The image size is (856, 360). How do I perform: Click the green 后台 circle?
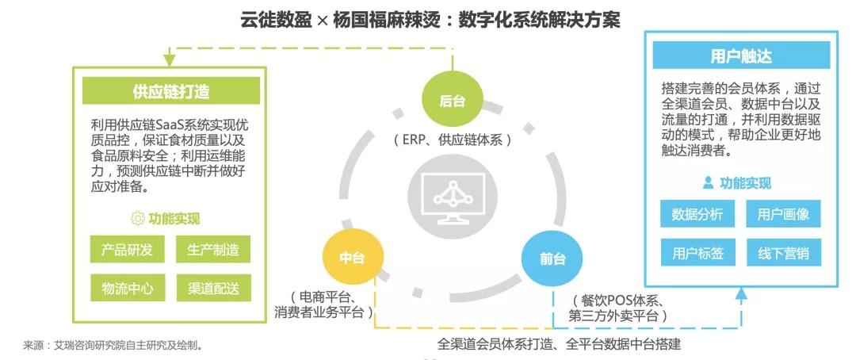(x=453, y=101)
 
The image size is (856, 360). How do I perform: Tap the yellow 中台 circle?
(x=353, y=258)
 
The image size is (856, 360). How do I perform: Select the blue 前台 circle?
(x=552, y=259)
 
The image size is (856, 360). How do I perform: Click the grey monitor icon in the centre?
(x=453, y=199)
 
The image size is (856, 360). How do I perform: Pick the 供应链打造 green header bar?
(x=171, y=90)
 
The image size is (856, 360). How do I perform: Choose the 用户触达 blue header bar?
(x=741, y=56)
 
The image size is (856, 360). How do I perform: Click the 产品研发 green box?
(x=127, y=251)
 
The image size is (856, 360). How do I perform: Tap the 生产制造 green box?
(x=213, y=251)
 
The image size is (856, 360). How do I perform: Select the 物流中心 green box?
(x=127, y=288)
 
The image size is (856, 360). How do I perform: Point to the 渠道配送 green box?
(x=213, y=288)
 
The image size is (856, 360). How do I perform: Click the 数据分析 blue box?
(x=697, y=213)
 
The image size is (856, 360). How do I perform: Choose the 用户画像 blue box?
(x=783, y=213)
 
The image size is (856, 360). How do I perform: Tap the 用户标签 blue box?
(x=697, y=252)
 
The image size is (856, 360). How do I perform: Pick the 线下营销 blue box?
(x=783, y=252)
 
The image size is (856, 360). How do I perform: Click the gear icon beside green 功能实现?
(x=138, y=219)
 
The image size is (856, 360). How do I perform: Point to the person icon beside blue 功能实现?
(x=708, y=182)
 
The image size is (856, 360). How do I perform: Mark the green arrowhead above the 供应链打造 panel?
(x=170, y=59)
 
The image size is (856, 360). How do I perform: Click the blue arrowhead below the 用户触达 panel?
(x=741, y=294)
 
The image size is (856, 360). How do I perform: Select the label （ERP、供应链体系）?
(x=453, y=140)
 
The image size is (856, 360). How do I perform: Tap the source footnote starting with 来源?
(x=113, y=345)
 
